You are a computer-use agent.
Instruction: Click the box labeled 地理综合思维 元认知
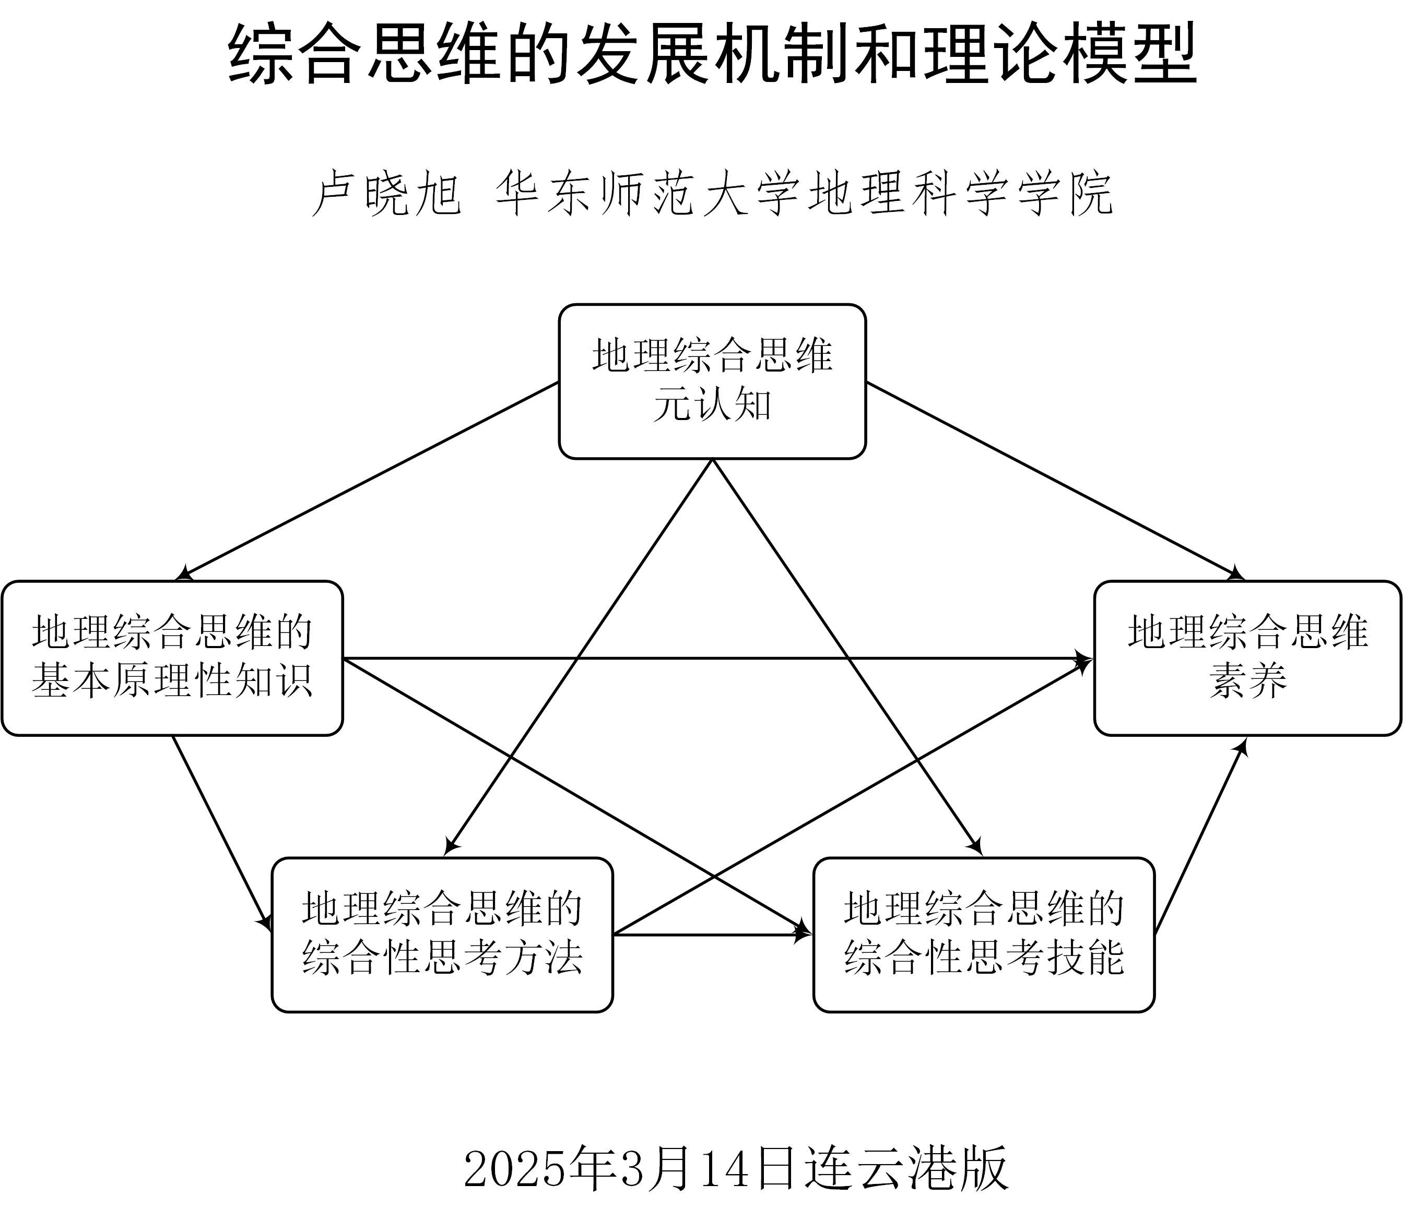[x=712, y=381]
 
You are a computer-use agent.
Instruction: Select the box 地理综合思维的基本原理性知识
[x=172, y=657]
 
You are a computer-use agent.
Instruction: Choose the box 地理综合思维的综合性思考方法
[x=442, y=934]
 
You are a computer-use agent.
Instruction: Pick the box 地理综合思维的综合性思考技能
[x=984, y=934]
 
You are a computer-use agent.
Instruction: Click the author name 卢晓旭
[x=387, y=195]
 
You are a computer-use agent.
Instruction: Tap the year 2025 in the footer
[x=515, y=1168]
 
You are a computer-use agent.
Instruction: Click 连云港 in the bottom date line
[x=879, y=1168]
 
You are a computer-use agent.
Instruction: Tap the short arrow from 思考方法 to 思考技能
[x=712, y=935]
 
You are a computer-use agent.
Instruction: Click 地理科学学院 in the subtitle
[x=960, y=195]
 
